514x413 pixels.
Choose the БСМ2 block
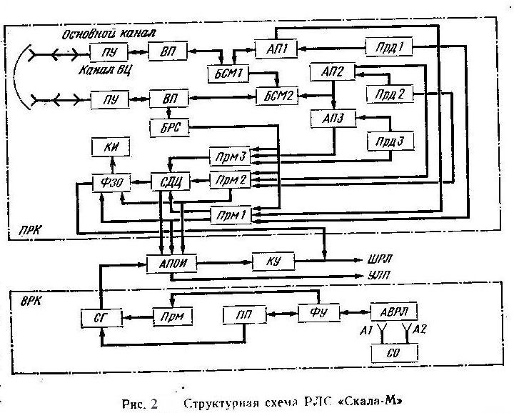click(275, 95)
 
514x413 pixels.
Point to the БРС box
click(169, 126)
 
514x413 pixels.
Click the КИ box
click(111, 148)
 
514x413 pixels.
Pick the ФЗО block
click(111, 181)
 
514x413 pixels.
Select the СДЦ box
click(168, 181)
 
